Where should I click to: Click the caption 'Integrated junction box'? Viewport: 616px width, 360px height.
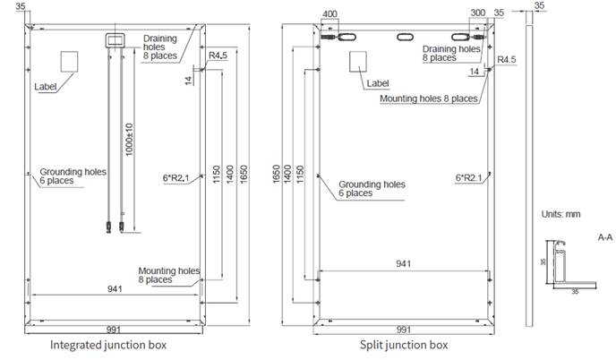click(108, 345)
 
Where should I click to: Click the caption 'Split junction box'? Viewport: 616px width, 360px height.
click(404, 345)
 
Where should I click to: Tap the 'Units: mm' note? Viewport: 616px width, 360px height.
click(560, 214)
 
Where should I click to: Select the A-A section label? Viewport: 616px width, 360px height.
click(605, 237)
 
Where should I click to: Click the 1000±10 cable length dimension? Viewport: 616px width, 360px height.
click(129, 140)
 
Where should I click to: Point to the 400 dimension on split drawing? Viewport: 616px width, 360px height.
click(329, 14)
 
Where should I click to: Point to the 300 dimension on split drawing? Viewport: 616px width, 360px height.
click(478, 13)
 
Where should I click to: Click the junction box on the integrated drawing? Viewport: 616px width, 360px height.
click(115, 40)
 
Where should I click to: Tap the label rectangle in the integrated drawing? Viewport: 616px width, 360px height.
click(69, 61)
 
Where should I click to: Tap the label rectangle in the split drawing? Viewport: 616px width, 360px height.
click(358, 61)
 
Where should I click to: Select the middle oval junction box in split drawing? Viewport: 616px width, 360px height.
click(405, 37)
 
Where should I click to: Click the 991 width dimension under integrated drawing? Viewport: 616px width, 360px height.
click(114, 330)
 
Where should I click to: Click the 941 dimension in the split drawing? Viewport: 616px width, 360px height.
click(404, 263)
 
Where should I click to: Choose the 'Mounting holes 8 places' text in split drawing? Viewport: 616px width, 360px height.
click(429, 99)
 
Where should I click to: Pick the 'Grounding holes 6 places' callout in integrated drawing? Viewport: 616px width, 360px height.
click(73, 176)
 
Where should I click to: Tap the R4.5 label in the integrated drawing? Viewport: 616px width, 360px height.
click(218, 56)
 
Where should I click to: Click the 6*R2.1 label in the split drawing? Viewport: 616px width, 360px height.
click(468, 178)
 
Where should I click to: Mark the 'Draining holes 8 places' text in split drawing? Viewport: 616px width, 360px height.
click(451, 53)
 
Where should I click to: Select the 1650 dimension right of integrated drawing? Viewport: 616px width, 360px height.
click(244, 174)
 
